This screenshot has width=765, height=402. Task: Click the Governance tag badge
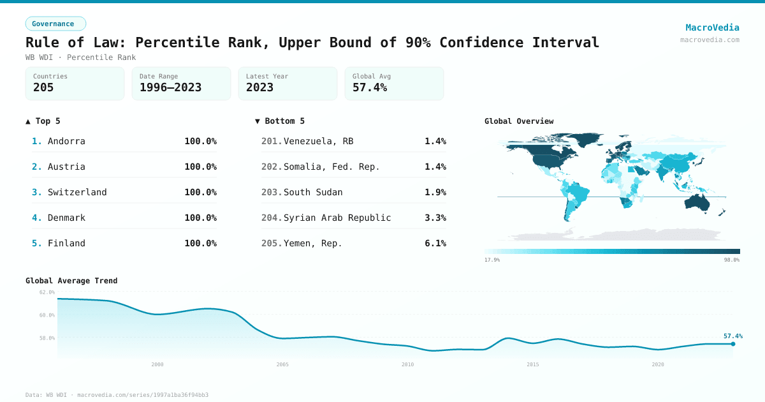tap(55, 24)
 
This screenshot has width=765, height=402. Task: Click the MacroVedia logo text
tap(712, 27)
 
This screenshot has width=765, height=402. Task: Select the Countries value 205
tap(43, 87)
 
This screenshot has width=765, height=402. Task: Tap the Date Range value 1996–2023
tap(170, 87)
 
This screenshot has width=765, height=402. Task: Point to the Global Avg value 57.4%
tap(370, 87)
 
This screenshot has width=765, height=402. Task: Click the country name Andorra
tap(66, 141)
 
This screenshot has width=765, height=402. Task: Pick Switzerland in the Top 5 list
tap(77, 192)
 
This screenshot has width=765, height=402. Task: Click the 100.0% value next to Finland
tap(200, 243)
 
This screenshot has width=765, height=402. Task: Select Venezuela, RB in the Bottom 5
tap(318, 141)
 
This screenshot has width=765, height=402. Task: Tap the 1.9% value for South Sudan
tap(435, 192)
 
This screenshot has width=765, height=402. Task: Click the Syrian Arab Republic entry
tap(337, 218)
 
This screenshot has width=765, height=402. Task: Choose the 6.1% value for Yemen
tap(435, 243)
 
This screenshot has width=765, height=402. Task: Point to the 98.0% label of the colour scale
tap(731, 260)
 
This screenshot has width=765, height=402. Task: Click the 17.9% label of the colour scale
tap(492, 260)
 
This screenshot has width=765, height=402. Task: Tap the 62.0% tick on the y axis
tap(47, 292)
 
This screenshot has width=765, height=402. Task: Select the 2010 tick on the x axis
tap(407, 364)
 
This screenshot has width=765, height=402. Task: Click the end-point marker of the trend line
tap(732, 344)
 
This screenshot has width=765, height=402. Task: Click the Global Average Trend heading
tap(71, 281)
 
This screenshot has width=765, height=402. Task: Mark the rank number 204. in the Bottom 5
tap(271, 218)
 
